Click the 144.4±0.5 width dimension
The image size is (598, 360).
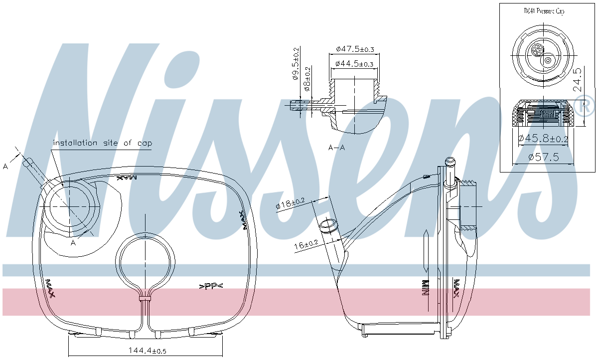point(144,351)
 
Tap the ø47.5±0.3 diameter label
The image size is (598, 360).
point(355,49)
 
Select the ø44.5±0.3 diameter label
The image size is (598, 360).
point(354,64)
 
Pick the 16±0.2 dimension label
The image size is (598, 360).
point(306,245)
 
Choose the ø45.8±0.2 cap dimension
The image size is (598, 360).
point(543,139)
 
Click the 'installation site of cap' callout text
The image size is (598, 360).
point(103,143)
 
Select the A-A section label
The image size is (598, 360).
point(337,148)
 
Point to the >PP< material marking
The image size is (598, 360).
point(211,286)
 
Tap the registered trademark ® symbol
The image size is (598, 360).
point(585,105)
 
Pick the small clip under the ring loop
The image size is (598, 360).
point(145,298)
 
